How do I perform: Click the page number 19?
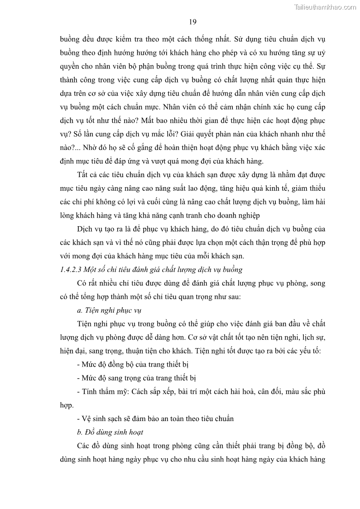click(192, 22)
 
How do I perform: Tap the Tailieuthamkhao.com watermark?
click(325, 7)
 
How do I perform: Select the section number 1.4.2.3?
click(71, 270)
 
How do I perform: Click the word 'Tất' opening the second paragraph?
click(83, 175)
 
